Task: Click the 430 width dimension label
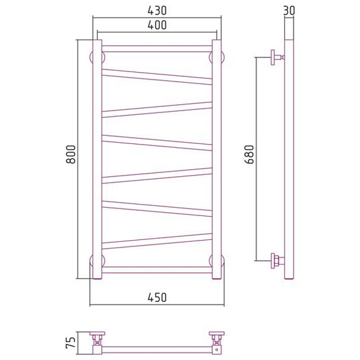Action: click(157, 11)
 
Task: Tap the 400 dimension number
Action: click(157, 25)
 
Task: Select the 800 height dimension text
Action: click(71, 154)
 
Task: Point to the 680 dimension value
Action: click(249, 154)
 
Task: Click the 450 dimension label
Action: click(157, 297)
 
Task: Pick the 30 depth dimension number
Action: click(289, 11)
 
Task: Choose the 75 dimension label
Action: click(71, 343)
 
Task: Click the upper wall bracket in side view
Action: click(277, 57)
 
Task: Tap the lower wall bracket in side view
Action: click(277, 261)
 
